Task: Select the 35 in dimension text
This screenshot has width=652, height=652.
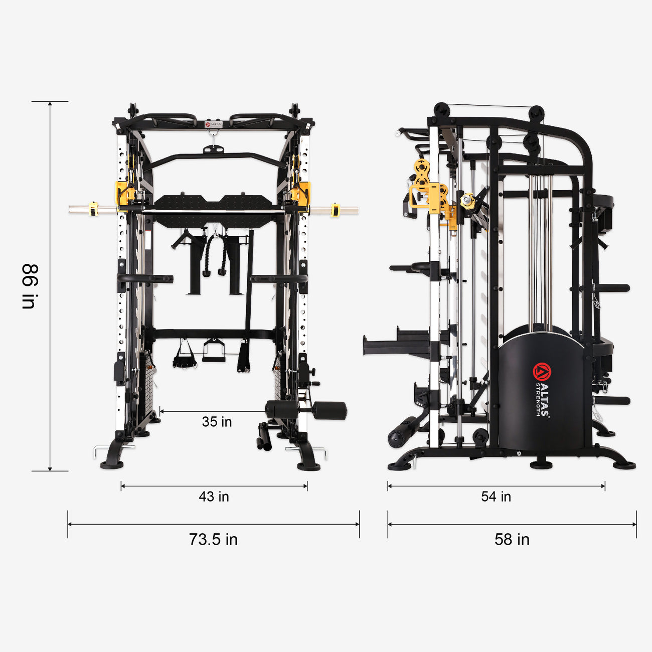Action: [217, 422]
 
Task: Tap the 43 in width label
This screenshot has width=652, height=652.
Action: [214, 497]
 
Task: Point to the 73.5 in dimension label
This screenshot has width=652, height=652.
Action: [213, 539]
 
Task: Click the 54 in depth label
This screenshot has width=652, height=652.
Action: [496, 497]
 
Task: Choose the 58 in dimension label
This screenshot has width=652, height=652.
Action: [512, 539]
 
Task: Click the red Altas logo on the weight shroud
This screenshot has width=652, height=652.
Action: [542, 372]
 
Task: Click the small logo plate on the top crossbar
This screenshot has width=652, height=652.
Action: [213, 123]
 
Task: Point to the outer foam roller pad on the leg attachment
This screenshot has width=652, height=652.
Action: [329, 410]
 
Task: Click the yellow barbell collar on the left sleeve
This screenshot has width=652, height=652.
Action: [93, 209]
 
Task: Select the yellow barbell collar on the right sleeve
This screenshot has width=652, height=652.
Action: [335, 210]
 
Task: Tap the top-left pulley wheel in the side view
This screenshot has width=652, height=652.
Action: [442, 110]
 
